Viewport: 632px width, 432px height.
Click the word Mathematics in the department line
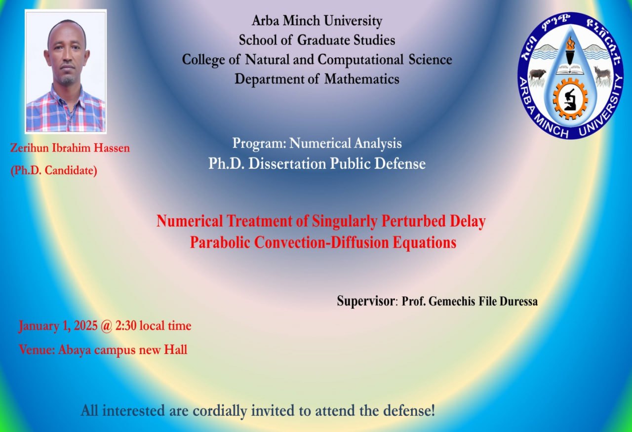pos(362,79)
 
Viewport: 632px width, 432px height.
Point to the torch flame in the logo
pos(570,44)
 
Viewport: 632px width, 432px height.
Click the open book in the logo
pos(570,70)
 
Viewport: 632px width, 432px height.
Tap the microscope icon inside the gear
pos(570,100)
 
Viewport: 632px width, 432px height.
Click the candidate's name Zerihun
pos(29,148)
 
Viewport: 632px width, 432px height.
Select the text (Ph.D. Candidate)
pos(54,171)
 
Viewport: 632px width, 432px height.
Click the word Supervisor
pos(366,302)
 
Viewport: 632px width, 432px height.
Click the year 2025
pos(86,326)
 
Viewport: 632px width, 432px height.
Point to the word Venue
pos(37,350)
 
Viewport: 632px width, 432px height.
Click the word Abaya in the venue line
pos(75,351)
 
